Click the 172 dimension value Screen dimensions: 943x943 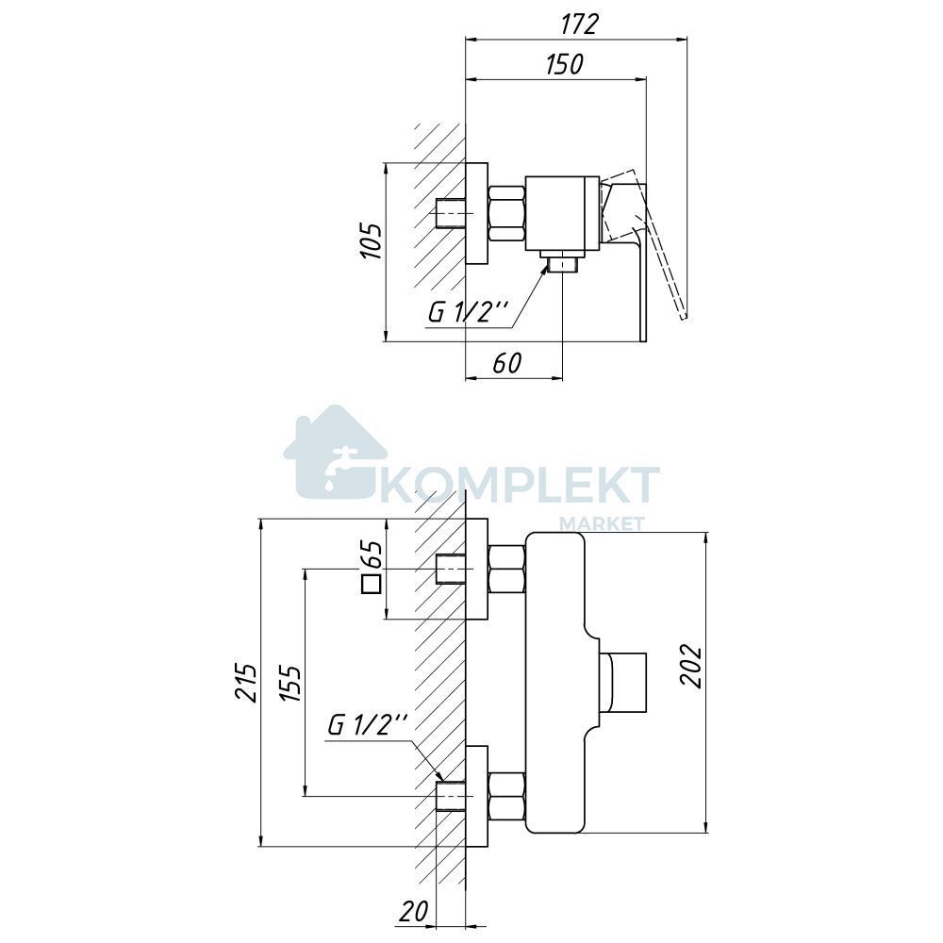[x=580, y=25]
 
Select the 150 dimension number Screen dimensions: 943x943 [x=564, y=64]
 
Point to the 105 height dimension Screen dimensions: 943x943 [x=371, y=241]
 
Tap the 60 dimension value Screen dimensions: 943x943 [x=507, y=363]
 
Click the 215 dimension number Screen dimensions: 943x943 [x=246, y=683]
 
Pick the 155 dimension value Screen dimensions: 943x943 [x=290, y=683]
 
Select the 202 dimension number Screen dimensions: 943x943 [x=690, y=665]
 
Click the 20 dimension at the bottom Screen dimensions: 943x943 [x=414, y=911]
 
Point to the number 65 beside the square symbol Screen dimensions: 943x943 [x=372, y=554]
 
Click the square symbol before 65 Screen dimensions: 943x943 [x=372, y=584]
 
